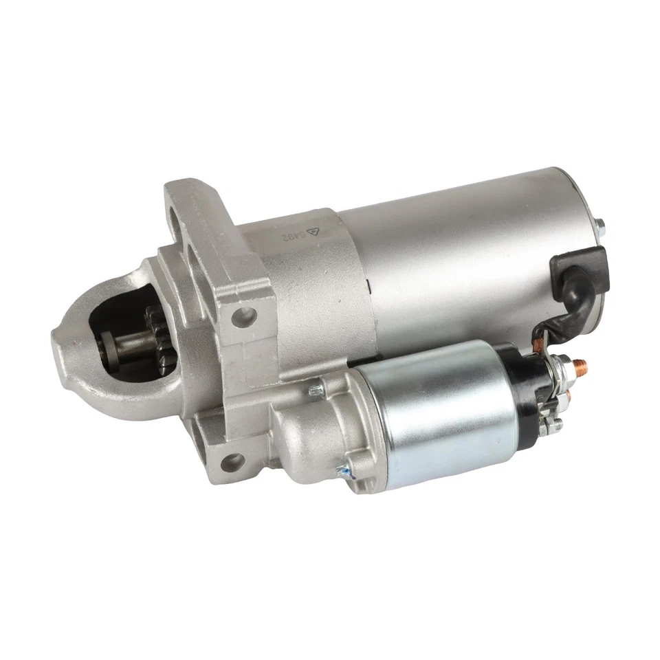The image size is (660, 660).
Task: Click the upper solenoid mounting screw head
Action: click(x=318, y=392)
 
